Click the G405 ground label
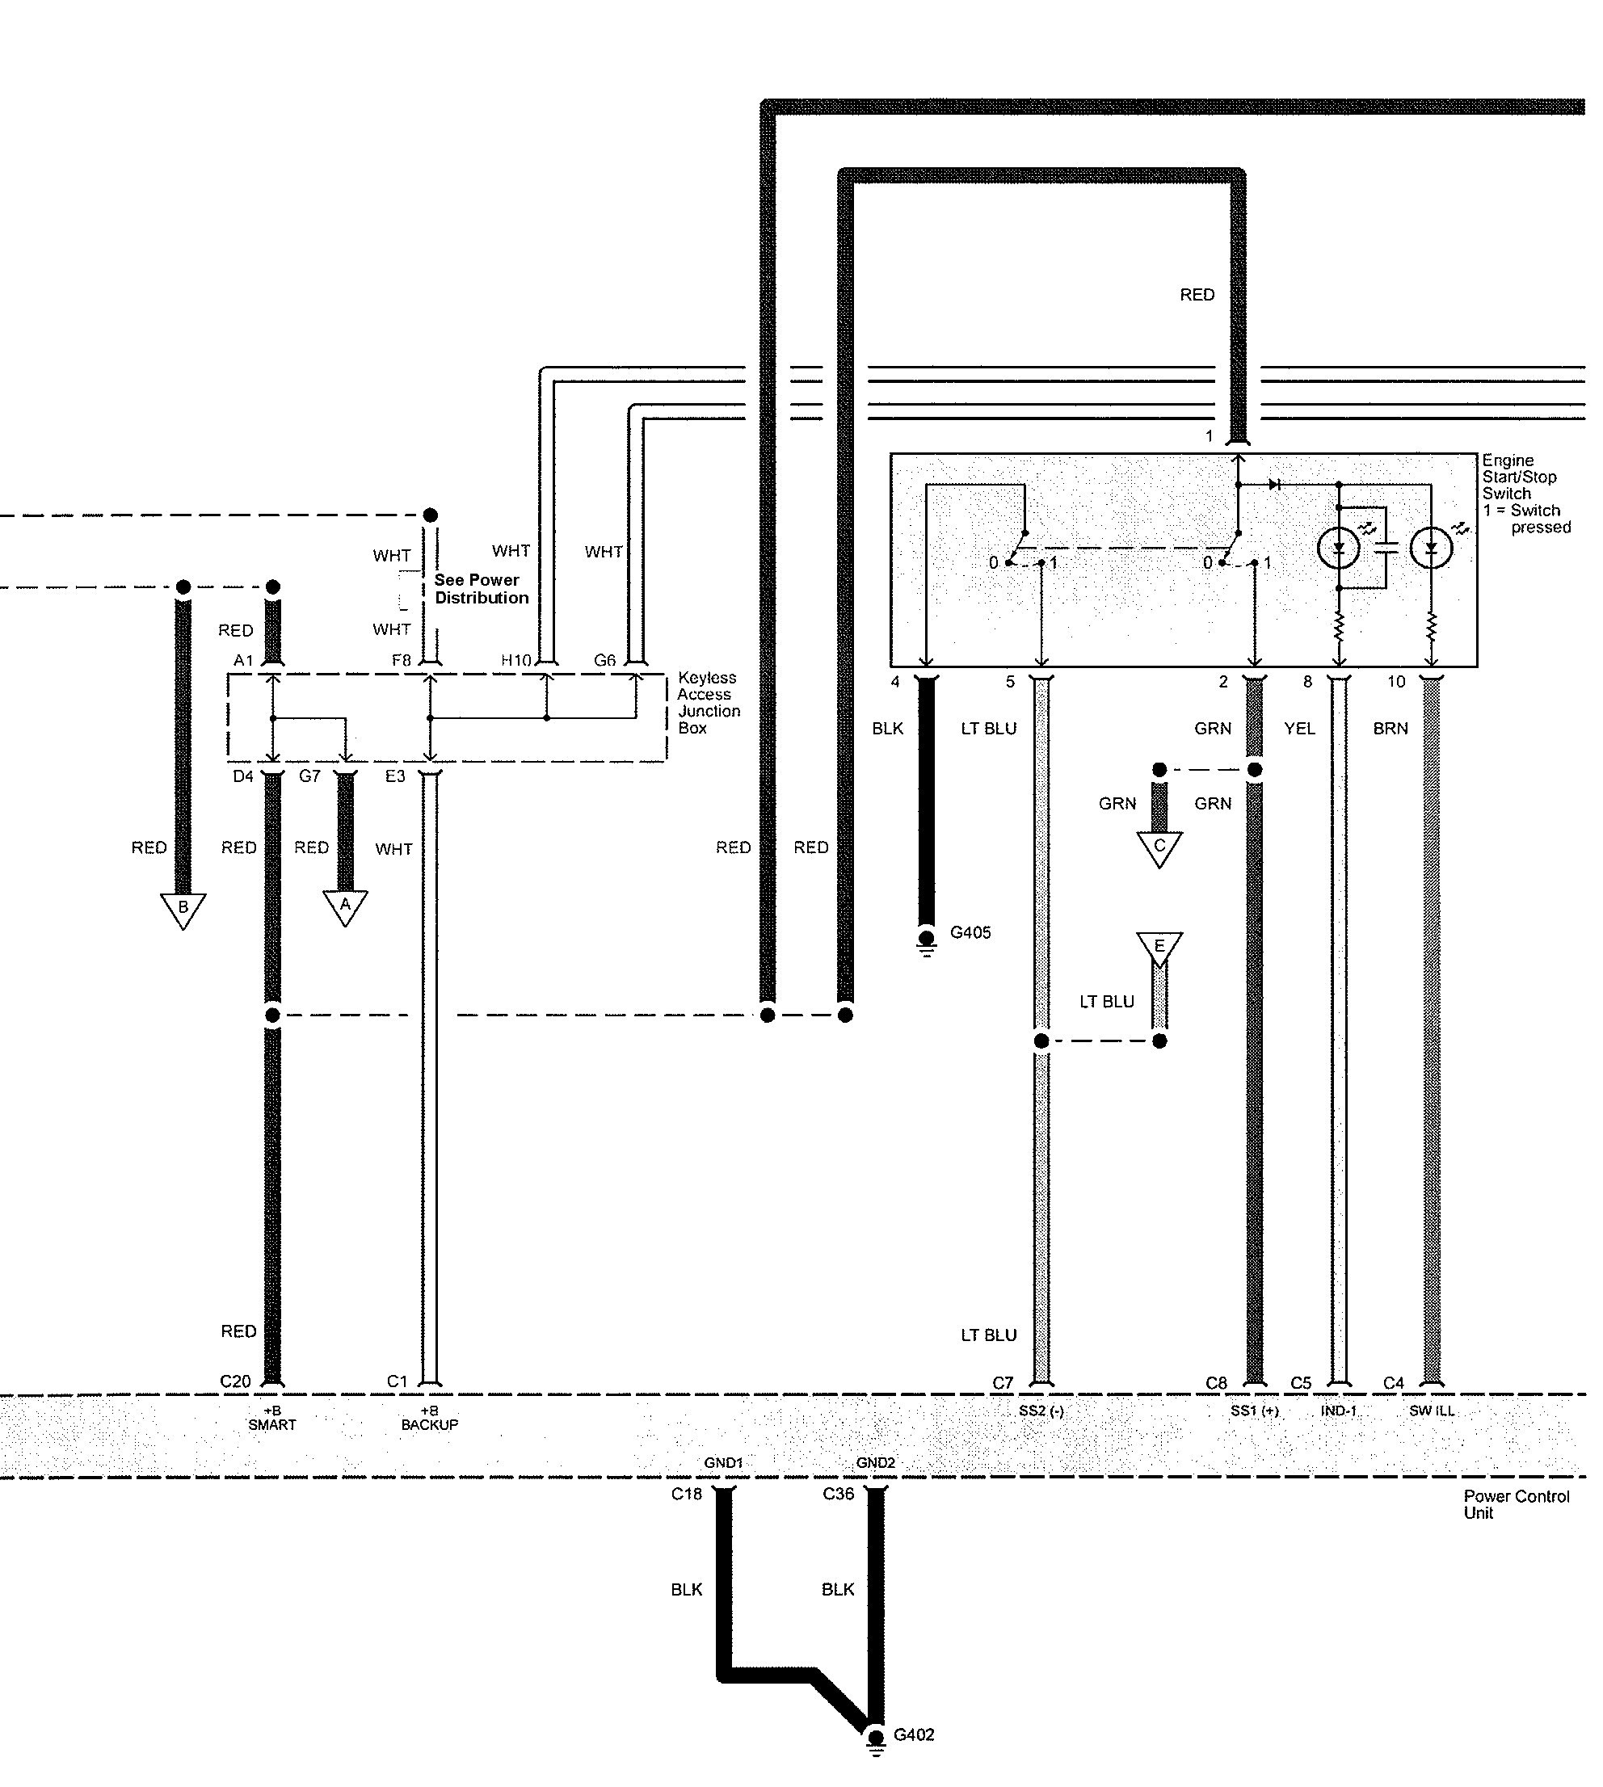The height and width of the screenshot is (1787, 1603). pyautogui.click(x=970, y=931)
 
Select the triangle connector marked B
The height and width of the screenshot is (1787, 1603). pyautogui.click(x=183, y=909)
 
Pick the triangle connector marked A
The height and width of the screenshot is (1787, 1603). pyautogui.click(x=345, y=906)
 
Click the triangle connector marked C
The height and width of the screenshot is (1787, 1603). pyautogui.click(x=1159, y=847)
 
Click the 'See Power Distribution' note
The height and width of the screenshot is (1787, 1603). pyautogui.click(x=481, y=588)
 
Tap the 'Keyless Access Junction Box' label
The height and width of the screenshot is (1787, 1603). pyautogui.click(x=708, y=702)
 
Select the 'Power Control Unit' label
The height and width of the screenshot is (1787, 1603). pyautogui.click(x=1516, y=1504)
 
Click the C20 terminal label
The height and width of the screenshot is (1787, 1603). pyautogui.click(x=235, y=1381)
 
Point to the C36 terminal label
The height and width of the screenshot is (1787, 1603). pyautogui.click(x=838, y=1494)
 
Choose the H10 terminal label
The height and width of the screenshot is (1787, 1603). pyautogui.click(x=516, y=661)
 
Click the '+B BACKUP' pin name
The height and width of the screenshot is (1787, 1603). pyautogui.click(x=430, y=1418)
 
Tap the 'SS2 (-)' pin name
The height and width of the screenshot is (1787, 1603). pyautogui.click(x=1041, y=1411)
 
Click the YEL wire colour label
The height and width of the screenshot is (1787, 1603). pyautogui.click(x=1299, y=729)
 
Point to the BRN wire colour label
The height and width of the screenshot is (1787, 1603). pyautogui.click(x=1390, y=729)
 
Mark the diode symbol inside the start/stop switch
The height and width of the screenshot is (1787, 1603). pyautogui.click(x=1273, y=485)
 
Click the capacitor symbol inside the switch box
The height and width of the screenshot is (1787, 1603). pyautogui.click(x=1386, y=547)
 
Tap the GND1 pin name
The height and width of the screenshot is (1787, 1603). pyautogui.click(x=723, y=1463)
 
